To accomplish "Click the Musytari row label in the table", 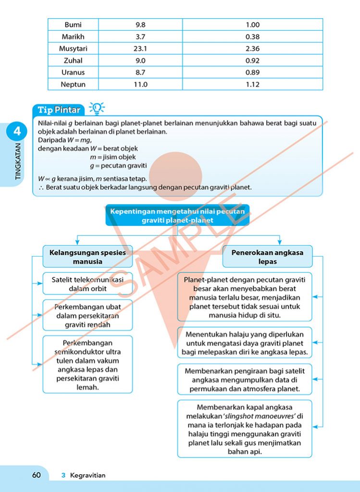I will [73, 49].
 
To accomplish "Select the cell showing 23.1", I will [140, 49].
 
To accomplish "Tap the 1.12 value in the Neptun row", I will [252, 85].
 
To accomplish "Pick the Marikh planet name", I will [73, 37].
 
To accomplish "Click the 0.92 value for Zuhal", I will [252, 61].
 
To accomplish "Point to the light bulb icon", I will [97, 108].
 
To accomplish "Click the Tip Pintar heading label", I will [59, 110].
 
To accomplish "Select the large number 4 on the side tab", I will [17, 131].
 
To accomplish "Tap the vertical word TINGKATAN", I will [18, 161].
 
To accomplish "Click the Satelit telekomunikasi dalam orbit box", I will [87, 284].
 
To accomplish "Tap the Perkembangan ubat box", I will [87, 316].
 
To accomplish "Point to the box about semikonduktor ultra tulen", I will [87, 365].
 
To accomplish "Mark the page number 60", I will [37, 475].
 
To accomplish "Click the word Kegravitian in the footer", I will [87, 476].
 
